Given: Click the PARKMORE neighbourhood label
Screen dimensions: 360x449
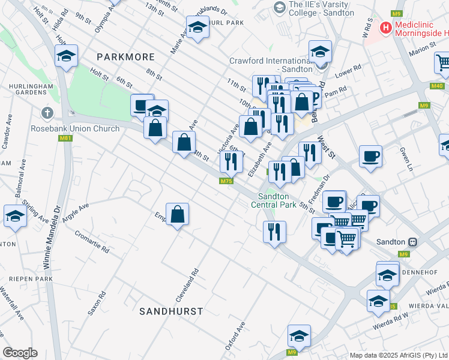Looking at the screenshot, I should coord(125,57).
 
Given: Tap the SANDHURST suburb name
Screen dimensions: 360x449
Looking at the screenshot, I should coord(171,311).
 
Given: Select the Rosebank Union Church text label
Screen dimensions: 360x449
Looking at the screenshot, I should coord(80,128).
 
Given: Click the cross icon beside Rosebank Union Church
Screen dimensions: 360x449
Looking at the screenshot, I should coord(47,113).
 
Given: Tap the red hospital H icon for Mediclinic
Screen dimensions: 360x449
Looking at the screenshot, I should coord(385,27).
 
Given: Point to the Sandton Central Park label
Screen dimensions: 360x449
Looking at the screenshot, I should coord(277,200).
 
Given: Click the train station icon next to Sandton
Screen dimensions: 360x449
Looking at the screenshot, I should coord(412,242).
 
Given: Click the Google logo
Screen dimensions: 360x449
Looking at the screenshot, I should coord(20,353).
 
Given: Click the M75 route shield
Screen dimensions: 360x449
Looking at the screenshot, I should coord(226,181).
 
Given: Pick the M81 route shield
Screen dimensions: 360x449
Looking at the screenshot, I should coord(66,139).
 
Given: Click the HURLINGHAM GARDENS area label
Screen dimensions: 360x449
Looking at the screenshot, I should coord(32,88).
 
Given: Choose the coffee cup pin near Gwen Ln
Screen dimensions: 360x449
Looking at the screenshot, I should coord(370,157).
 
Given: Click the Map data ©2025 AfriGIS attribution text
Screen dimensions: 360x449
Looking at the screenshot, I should coord(399,355).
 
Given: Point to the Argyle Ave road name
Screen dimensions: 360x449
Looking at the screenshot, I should coord(74,212).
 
